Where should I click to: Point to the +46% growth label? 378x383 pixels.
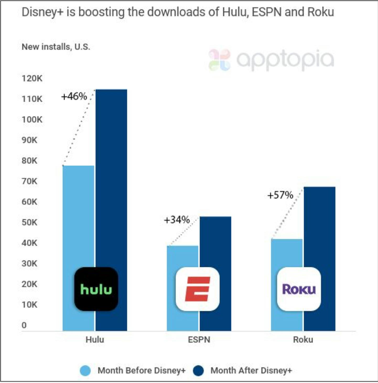point(74,96)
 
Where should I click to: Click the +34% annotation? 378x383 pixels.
point(177,220)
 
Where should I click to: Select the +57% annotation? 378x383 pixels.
point(280,195)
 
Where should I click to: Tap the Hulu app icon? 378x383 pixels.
point(96,289)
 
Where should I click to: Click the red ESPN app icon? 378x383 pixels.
point(198,289)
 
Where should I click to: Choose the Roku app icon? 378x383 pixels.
point(299,289)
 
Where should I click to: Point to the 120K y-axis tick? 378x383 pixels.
point(32,78)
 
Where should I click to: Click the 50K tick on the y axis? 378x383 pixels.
point(29,222)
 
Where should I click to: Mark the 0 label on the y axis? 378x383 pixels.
point(24,325)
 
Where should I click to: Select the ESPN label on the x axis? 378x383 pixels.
point(199,340)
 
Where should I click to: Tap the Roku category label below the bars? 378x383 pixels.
point(303,340)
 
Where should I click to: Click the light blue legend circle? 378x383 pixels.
point(85,371)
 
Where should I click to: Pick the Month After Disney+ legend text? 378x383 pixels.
point(251,370)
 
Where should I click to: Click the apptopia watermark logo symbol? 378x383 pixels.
point(219,60)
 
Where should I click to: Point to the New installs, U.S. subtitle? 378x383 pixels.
point(56,47)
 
